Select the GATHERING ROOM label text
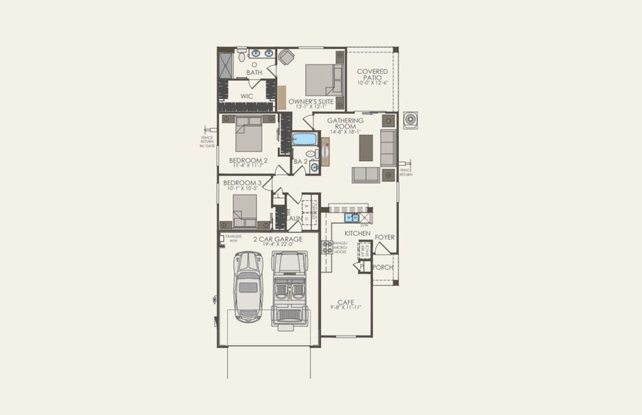pos(346,124)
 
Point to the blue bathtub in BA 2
pos(304,139)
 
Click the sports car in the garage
pos(247,286)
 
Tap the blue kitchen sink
pos(352,218)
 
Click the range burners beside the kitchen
pos(326,247)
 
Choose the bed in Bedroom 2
pos(248,134)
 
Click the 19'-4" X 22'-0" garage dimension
pos(277,244)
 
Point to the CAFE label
pos(346,302)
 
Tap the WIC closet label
pos(247,96)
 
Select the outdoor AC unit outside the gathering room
pos(411,119)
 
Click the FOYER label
pos(385,237)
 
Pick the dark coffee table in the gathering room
pos(366,147)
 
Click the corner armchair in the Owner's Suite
pos(286,57)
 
